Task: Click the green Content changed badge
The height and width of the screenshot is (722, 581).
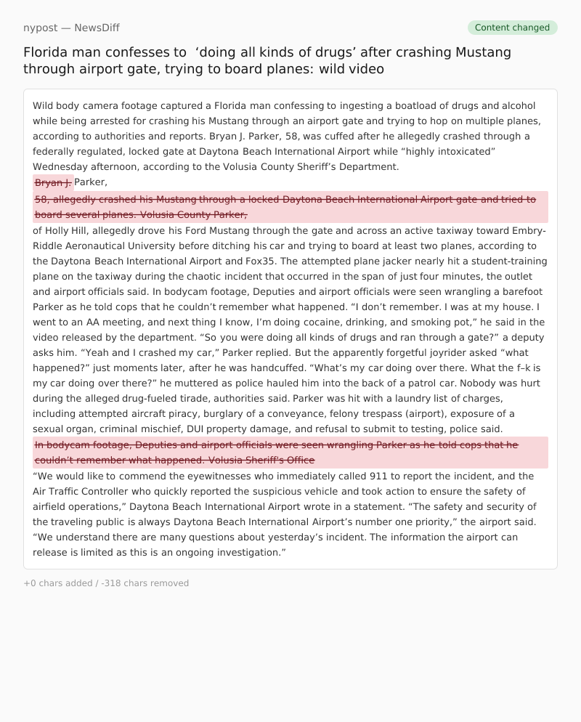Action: coord(512,28)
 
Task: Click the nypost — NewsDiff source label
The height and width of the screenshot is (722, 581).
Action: coord(71,28)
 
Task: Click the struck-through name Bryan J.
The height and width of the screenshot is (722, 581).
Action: coord(53,182)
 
